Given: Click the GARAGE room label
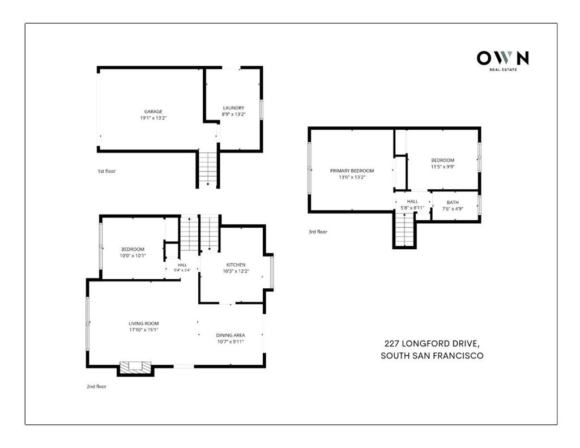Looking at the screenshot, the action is tap(153, 112).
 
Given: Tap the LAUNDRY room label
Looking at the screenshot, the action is tap(233, 108).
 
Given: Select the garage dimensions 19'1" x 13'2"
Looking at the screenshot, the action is tap(153, 118).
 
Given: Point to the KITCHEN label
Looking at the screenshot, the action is tap(236, 264).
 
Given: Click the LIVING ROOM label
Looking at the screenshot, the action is tap(143, 323).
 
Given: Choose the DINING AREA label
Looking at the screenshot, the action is tap(231, 335).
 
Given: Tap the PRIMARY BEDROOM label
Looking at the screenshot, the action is tap(352, 170).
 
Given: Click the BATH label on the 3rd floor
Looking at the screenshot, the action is tap(453, 202).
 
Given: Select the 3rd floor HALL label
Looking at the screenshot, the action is tap(412, 201).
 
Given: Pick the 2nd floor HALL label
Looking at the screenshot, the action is tap(182, 265).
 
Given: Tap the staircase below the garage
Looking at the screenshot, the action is tap(208, 169).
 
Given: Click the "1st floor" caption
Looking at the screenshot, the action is tap(106, 171).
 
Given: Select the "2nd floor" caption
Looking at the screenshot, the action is tap(96, 386).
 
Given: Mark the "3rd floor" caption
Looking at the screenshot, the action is tap(318, 232).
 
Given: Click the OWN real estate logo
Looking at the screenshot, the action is tap(503, 61).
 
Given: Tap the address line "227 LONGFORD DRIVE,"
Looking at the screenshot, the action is tap(432, 344).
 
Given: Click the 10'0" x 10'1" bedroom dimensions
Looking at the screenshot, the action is tap(133, 255).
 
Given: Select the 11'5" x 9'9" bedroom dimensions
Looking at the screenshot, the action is tap(442, 167).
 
